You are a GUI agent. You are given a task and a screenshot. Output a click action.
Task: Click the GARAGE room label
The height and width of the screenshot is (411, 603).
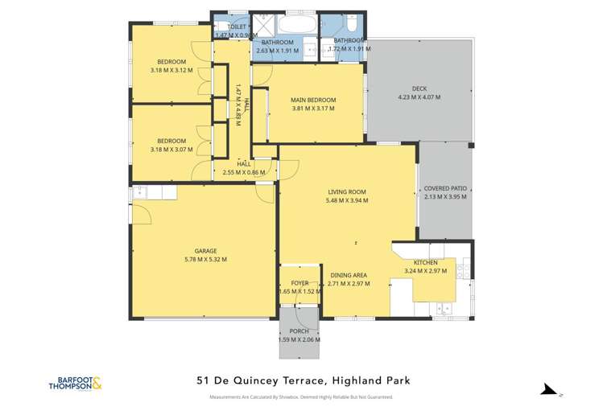(205, 251)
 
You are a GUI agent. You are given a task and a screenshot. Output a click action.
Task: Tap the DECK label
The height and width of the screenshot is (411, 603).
(419, 89)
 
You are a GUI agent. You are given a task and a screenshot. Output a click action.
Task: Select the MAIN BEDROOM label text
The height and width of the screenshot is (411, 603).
(313, 101)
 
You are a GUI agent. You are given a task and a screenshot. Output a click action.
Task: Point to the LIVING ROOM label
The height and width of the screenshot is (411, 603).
(347, 192)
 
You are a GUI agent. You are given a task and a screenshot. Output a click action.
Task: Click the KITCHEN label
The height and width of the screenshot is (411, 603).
(425, 263)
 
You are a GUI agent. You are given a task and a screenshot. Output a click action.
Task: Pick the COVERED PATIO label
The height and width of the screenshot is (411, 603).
(445, 188)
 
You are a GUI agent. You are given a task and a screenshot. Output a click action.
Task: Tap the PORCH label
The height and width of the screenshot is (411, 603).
(299, 331)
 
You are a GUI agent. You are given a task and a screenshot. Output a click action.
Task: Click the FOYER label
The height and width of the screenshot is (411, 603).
(299, 283)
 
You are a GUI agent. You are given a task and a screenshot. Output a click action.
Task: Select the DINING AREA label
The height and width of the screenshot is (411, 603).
(349, 275)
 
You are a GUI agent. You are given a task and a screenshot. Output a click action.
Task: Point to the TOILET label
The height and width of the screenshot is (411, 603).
(237, 27)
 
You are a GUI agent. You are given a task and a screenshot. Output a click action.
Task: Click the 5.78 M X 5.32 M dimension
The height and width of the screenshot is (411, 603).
(205, 260)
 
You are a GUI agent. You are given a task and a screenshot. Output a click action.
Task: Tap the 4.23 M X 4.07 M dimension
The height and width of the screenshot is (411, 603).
(419, 98)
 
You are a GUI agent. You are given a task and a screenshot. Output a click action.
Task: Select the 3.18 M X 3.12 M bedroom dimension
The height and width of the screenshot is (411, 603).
(171, 71)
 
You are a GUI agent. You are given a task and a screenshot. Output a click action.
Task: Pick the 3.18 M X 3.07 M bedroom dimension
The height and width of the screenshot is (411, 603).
(171, 149)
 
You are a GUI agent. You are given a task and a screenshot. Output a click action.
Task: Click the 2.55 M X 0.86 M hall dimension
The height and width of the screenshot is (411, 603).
(244, 172)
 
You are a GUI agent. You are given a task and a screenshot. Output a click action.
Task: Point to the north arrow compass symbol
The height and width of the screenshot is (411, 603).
(550, 390)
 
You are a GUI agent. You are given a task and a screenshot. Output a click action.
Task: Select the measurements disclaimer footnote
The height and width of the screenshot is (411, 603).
(300, 398)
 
